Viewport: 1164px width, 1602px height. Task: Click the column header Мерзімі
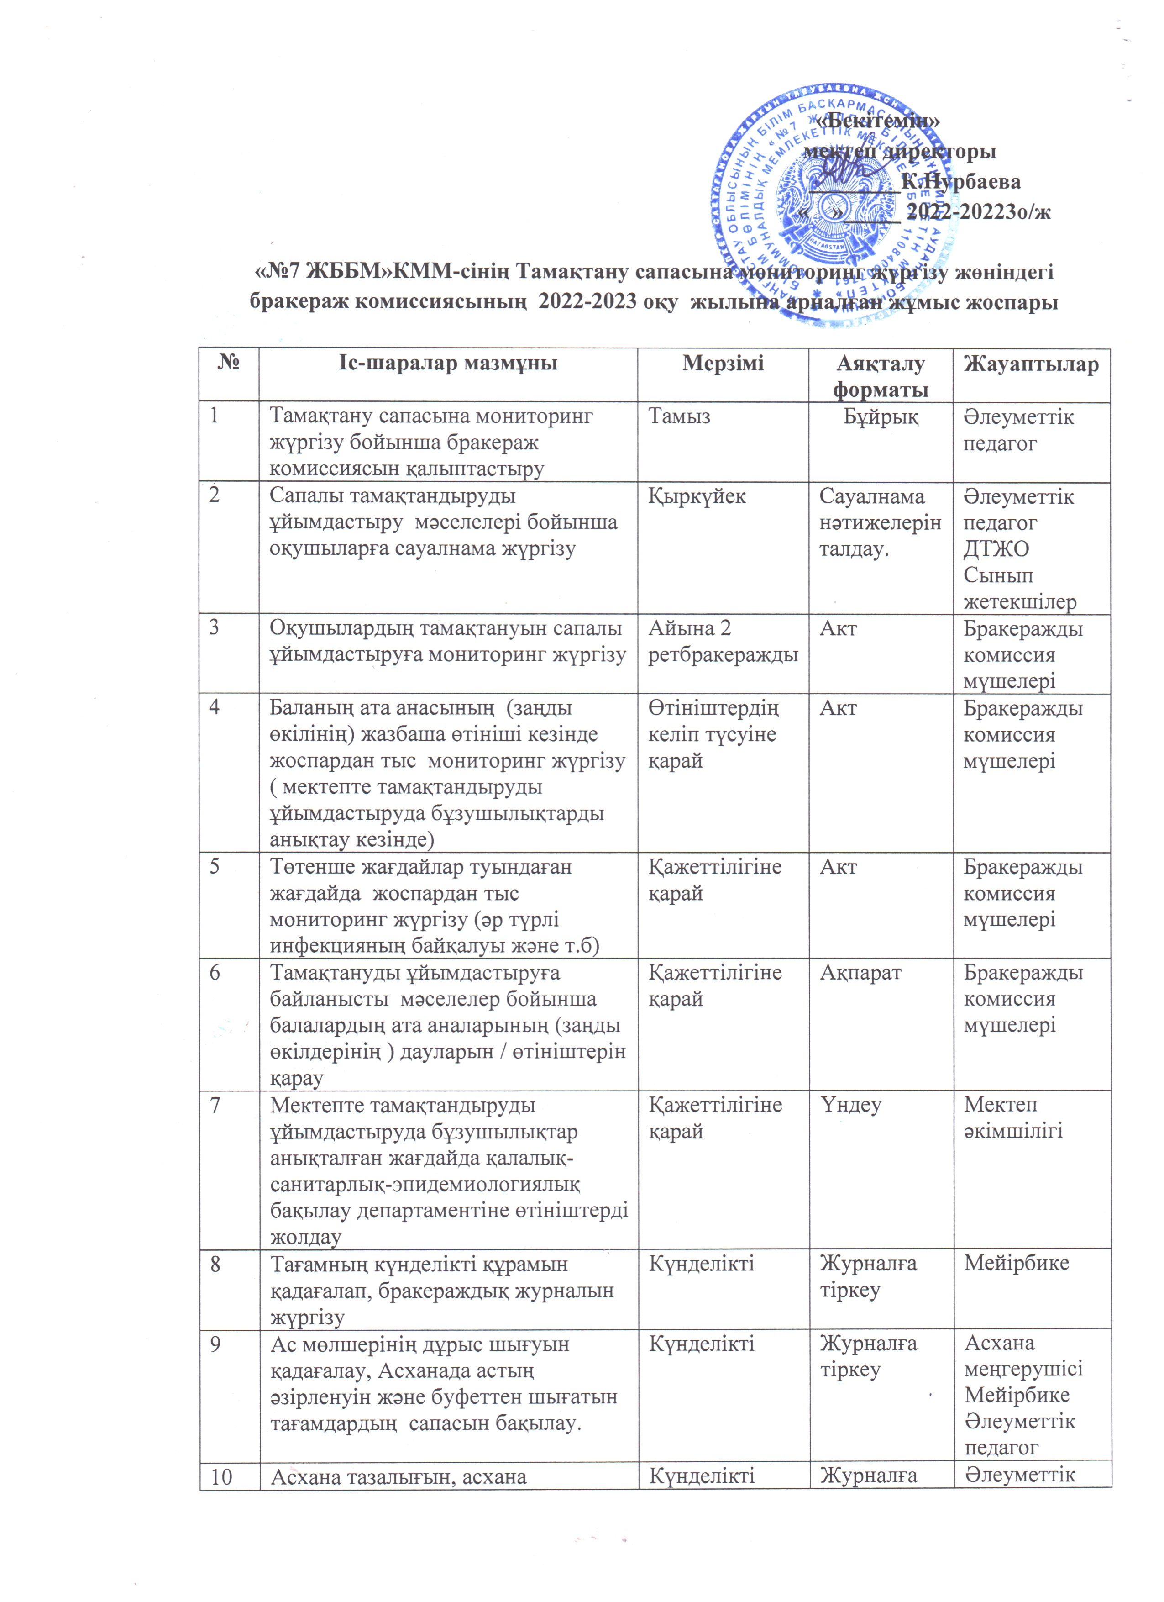pyautogui.click(x=723, y=364)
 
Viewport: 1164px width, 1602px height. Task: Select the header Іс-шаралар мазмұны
pyautogui.click(x=447, y=364)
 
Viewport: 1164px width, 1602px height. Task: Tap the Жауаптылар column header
pyautogui.click(x=1031, y=364)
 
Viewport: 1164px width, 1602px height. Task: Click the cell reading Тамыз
pyautogui.click(x=679, y=417)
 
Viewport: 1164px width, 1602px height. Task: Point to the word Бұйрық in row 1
pyautogui.click(x=881, y=417)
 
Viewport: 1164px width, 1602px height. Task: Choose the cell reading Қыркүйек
pyautogui.click(x=697, y=496)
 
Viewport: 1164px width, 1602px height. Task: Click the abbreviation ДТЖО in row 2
pyautogui.click(x=996, y=549)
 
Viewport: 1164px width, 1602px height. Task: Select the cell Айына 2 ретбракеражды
pyautogui.click(x=723, y=641)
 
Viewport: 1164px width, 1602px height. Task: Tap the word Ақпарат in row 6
pyautogui.click(x=860, y=973)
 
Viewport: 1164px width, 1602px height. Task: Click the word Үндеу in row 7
pyautogui.click(x=850, y=1105)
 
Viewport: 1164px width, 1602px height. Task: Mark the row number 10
pyautogui.click(x=222, y=1476)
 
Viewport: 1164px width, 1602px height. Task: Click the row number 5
pyautogui.click(x=214, y=867)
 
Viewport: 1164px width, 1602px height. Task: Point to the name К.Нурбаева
pyautogui.click(x=961, y=182)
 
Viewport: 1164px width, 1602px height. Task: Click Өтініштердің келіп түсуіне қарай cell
pyautogui.click(x=713, y=735)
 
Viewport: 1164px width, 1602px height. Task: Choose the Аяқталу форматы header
pyautogui.click(x=880, y=376)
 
